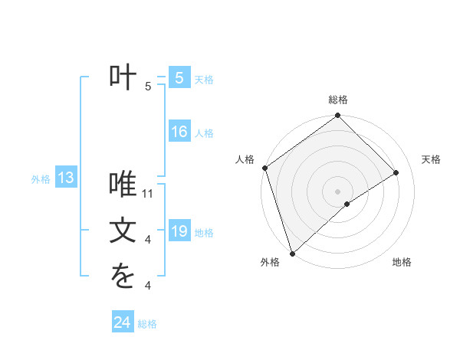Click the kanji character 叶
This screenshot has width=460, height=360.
click(x=123, y=78)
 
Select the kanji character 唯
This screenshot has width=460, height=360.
click(x=123, y=186)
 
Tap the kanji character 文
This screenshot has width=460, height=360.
click(x=123, y=231)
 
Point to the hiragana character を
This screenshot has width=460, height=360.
click(x=123, y=278)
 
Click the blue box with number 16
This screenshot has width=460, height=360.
click(x=179, y=132)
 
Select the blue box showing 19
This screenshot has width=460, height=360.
click(x=179, y=231)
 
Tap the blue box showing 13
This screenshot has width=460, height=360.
click(x=66, y=178)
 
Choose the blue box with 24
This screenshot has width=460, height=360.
click(x=122, y=322)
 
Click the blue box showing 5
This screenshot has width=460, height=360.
click(x=179, y=78)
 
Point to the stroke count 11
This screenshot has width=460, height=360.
click(x=149, y=193)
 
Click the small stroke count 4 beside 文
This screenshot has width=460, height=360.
click(x=147, y=240)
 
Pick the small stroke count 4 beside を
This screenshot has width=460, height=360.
click(x=147, y=286)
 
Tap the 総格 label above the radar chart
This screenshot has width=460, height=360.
click(x=338, y=100)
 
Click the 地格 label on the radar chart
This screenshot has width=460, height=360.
click(x=402, y=262)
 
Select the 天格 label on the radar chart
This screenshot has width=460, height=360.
click(x=431, y=159)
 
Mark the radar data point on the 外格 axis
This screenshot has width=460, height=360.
click(x=291, y=254)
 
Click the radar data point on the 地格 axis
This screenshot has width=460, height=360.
click(x=347, y=204)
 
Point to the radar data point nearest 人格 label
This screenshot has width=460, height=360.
click(x=264, y=168)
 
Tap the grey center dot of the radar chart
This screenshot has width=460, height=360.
click(x=337, y=191)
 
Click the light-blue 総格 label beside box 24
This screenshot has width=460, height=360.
click(x=147, y=324)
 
